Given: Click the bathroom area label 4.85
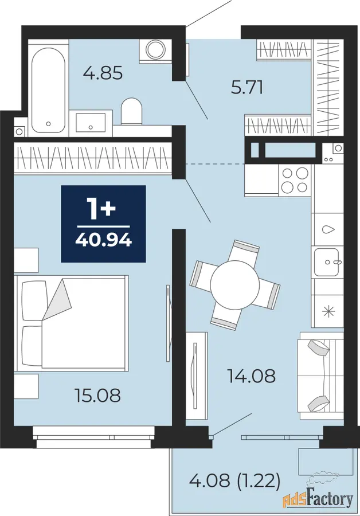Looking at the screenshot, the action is [103, 73].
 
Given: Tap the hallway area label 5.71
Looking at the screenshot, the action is [247, 88].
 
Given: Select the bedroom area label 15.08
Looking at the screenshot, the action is [98, 395].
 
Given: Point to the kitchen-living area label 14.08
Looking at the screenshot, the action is [252, 376].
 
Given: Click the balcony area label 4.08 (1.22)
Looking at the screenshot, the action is [235, 480].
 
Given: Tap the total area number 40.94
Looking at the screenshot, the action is [104, 241].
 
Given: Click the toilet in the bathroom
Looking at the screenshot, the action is [132, 111].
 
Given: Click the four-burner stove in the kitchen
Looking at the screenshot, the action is [295, 179].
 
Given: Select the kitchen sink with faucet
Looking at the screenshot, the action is [326, 262].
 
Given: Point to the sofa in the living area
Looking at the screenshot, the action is [320, 376].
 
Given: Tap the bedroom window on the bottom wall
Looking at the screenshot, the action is [94, 437].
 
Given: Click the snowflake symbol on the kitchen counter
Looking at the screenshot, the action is [328, 311].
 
